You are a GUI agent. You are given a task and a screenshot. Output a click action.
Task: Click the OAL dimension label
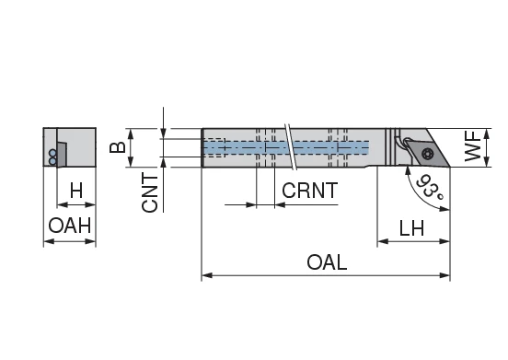pyautogui.click(x=327, y=261)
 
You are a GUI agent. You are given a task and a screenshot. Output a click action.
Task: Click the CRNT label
pyautogui.click(x=309, y=192)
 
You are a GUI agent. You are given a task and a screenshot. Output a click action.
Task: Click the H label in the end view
pyautogui.click(x=76, y=191)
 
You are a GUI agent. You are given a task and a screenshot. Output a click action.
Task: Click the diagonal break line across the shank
pyautogui.click(x=291, y=147)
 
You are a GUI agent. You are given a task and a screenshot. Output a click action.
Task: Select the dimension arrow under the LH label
pyautogui.click(x=413, y=243)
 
